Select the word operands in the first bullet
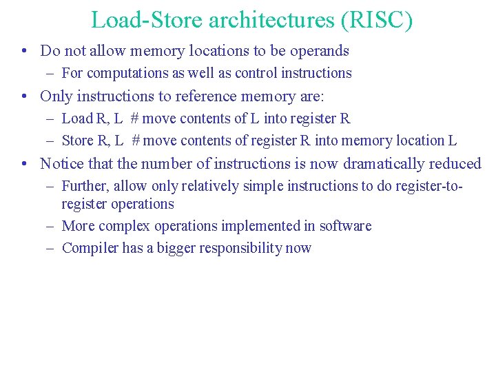pos(318,51)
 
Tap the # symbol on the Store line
pos(136,141)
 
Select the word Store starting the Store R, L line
pos(78,141)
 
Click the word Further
pos(85,186)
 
